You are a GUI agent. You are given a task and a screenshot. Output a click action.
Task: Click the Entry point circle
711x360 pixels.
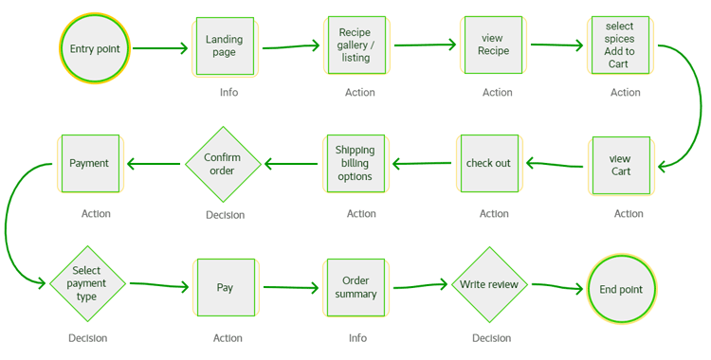(95, 48)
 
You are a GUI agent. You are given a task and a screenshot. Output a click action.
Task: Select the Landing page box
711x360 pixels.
(225, 46)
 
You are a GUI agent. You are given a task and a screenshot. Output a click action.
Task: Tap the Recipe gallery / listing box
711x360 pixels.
(356, 45)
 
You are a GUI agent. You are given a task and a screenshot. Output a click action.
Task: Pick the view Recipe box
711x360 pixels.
(493, 45)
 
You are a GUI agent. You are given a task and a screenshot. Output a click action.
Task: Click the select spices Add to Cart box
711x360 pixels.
(620, 45)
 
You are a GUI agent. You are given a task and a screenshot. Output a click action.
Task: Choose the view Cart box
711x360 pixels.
(621, 166)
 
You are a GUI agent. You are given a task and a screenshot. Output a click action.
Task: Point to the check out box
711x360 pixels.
(489, 163)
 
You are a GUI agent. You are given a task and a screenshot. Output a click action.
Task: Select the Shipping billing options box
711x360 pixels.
(355, 163)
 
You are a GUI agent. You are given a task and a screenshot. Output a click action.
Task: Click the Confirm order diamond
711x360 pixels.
(223, 164)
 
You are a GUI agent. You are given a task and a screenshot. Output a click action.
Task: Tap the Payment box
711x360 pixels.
(90, 163)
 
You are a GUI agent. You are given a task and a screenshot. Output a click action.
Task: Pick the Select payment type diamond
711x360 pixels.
(87, 284)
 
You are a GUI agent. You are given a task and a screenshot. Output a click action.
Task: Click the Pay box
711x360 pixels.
(226, 287)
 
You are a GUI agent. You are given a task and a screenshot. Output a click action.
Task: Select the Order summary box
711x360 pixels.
(355, 287)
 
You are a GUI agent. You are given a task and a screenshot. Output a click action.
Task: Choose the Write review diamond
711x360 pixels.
(490, 285)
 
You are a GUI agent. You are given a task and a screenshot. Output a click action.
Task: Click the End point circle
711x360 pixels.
(621, 289)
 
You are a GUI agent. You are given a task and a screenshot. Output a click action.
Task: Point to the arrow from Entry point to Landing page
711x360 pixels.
(160, 48)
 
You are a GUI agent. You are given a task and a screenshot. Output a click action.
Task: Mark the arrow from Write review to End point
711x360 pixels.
(557, 286)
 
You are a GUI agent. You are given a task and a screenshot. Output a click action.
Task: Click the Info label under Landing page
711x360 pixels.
(229, 93)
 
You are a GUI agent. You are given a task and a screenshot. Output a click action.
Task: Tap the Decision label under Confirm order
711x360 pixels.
(226, 215)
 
